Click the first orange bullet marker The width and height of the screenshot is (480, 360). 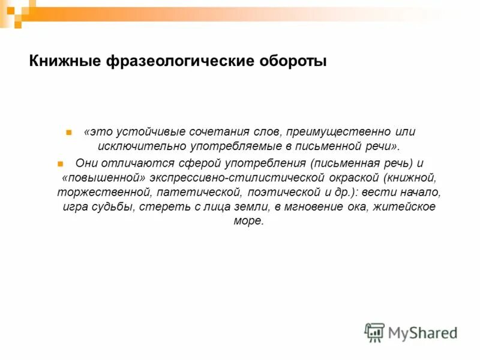pyautogui.click(x=69, y=132)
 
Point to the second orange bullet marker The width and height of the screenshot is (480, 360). pyautogui.click(x=60, y=163)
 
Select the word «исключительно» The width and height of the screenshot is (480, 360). pyautogui.click(x=132, y=146)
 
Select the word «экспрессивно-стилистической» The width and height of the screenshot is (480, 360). pyautogui.click(x=232, y=178)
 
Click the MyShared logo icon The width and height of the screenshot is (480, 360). pyautogui.click(x=374, y=332)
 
